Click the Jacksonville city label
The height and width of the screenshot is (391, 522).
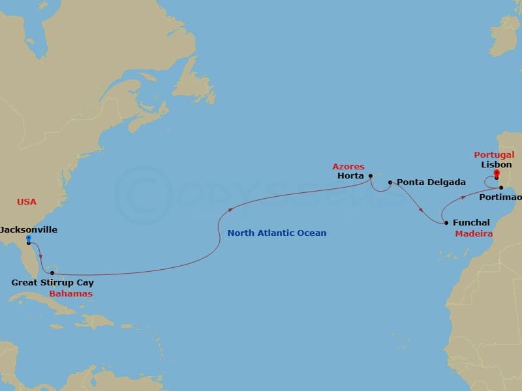point(29,230)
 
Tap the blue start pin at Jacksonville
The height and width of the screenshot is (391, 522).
point(29,239)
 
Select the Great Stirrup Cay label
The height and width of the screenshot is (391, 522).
point(53,283)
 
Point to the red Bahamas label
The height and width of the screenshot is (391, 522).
point(70,294)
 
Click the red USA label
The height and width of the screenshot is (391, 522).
point(27,202)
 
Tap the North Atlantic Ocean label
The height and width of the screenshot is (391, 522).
point(277,233)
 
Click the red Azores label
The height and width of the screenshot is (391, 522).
point(348,167)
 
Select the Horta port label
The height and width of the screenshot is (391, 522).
point(350,176)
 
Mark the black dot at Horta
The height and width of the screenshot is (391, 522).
point(370,175)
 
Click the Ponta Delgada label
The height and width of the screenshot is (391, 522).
point(422,182)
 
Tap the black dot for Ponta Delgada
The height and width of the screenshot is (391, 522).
point(390,182)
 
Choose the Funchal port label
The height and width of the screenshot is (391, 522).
point(471,223)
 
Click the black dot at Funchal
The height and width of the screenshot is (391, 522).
point(446,223)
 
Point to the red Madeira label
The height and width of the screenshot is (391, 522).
point(473,234)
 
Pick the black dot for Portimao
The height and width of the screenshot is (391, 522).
point(501,188)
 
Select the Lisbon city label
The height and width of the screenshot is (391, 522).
point(497,165)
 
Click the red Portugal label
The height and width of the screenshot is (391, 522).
point(495,155)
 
